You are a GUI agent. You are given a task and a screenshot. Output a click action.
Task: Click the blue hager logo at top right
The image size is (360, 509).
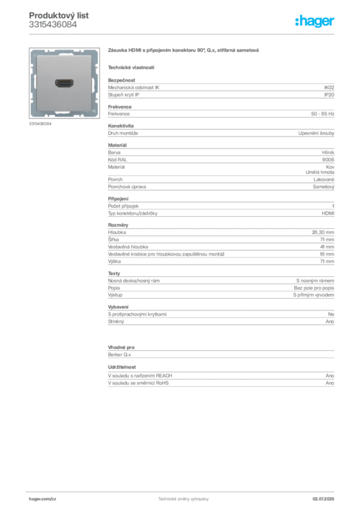(x=316, y=22)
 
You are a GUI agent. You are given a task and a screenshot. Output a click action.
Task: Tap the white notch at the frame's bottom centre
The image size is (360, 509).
(x=65, y=114)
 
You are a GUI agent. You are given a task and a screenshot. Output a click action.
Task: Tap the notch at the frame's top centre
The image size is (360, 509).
(x=65, y=51)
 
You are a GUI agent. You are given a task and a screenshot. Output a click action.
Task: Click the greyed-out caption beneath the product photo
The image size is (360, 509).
(x=42, y=123)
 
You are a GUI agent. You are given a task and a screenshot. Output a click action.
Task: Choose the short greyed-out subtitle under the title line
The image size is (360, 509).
(x=131, y=67)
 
